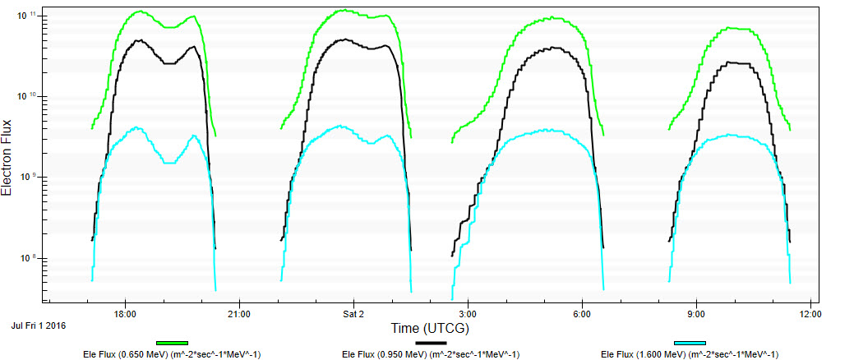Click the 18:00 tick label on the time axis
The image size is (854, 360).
click(x=125, y=314)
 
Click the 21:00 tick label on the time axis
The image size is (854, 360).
click(x=239, y=314)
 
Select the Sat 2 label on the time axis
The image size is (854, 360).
click(x=353, y=314)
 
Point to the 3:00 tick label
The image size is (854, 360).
click(x=468, y=314)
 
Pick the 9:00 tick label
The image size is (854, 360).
click(x=696, y=314)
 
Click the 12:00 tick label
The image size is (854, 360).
click(x=810, y=314)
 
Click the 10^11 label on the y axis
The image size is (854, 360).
click(x=28, y=16)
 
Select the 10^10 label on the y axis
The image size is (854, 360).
click(x=28, y=97)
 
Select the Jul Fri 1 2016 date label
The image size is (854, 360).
click(x=39, y=325)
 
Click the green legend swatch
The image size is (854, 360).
click(x=172, y=343)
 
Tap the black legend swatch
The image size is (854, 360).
click(x=431, y=343)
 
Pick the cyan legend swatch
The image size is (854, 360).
click(x=690, y=343)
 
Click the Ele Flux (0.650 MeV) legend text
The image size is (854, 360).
click(x=172, y=354)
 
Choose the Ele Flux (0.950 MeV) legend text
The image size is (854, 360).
click(x=431, y=354)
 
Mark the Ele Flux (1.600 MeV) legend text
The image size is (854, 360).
click(x=690, y=354)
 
